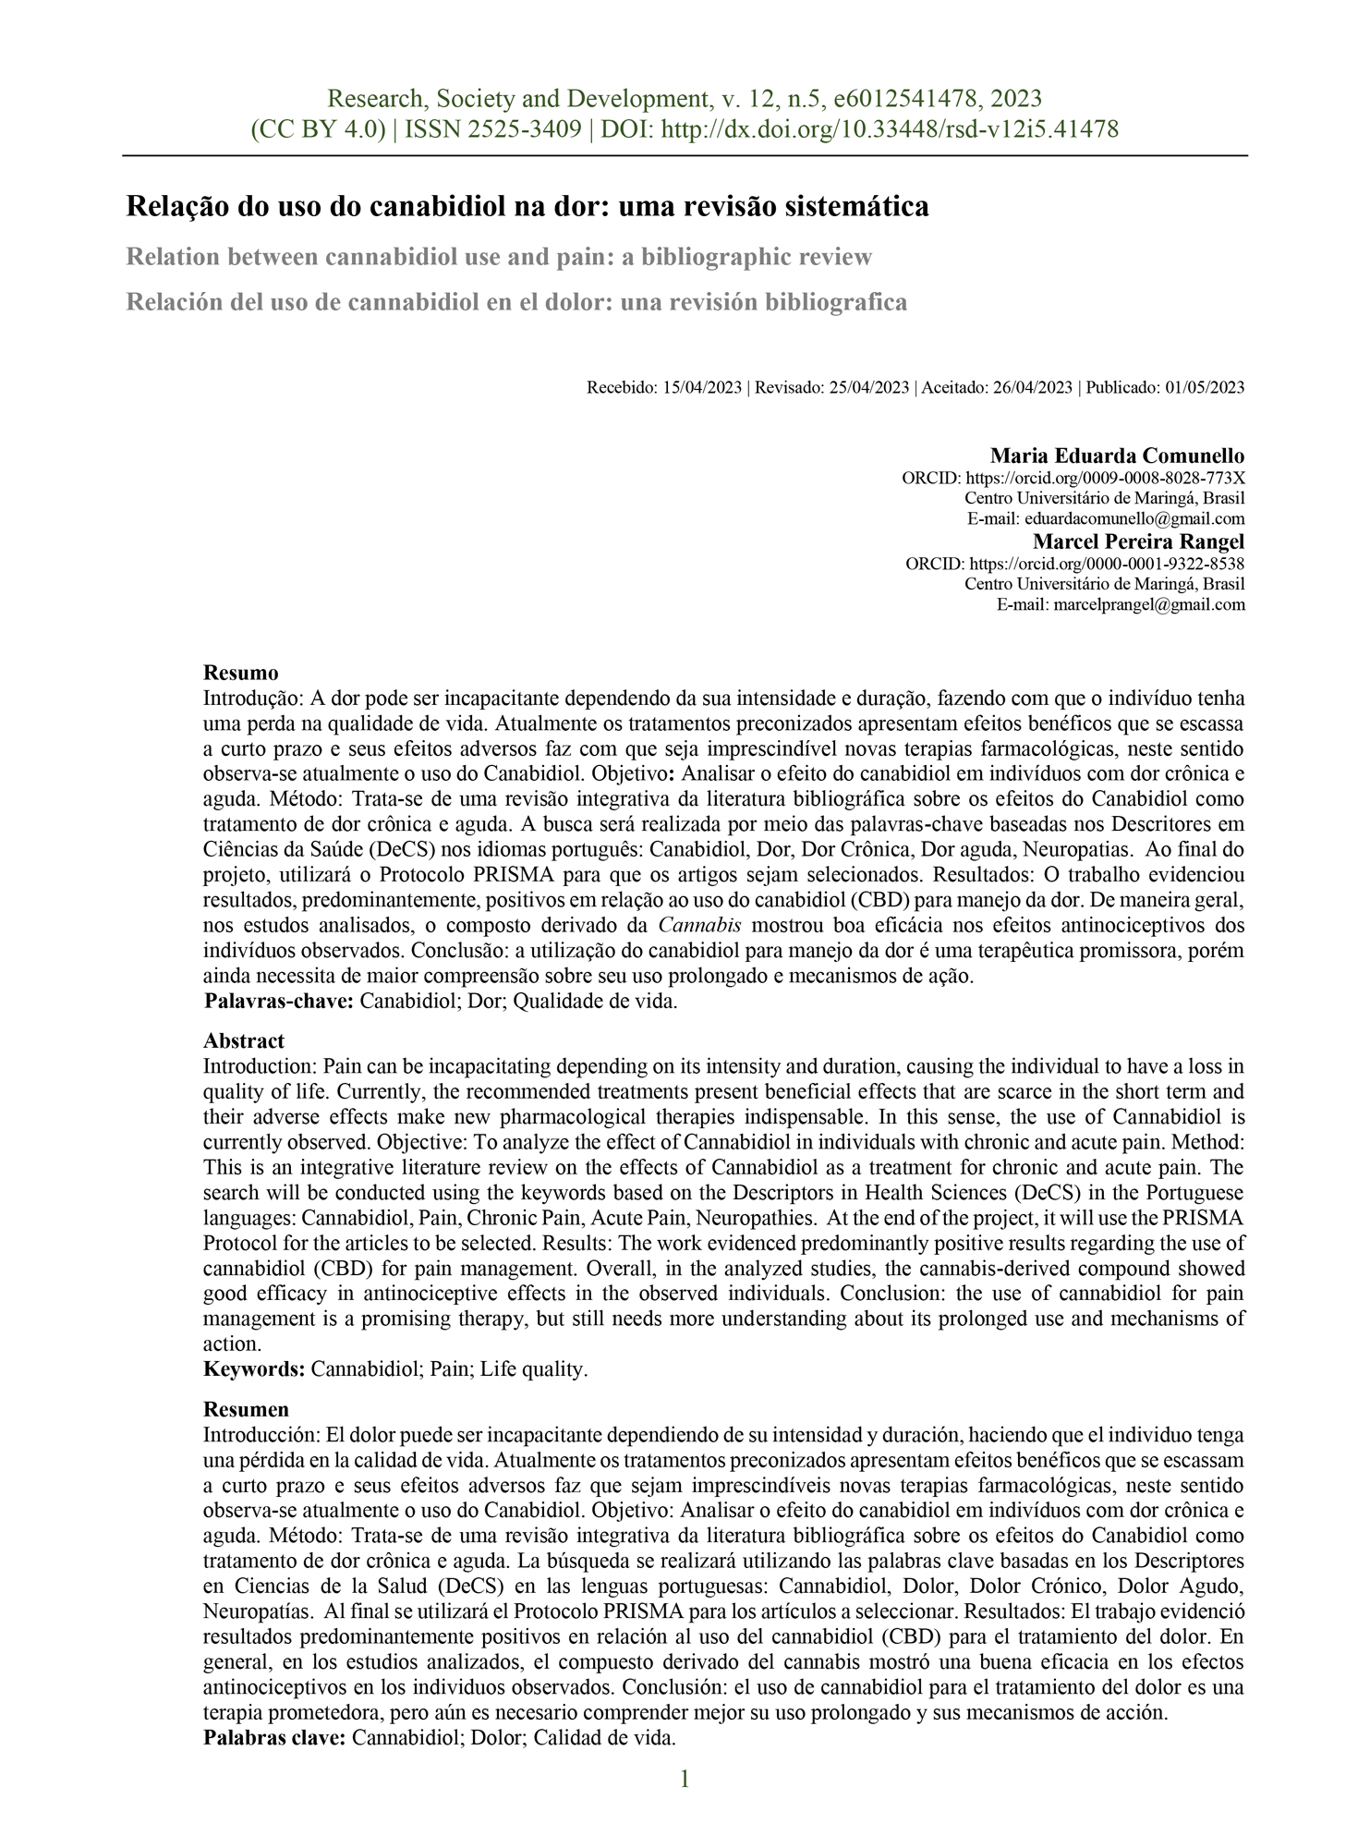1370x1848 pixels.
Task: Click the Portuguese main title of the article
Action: [x=527, y=207]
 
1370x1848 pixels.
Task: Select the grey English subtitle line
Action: [x=499, y=257]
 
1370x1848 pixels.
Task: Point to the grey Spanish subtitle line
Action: [x=516, y=302]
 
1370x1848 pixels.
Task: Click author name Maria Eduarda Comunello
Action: [x=1117, y=456]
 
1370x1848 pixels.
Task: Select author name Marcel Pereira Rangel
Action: [x=1138, y=541]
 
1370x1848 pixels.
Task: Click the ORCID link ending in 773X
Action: [x=1105, y=479]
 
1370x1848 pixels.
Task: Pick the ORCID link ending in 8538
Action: [x=1107, y=564]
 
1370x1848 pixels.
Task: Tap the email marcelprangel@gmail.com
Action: [x=1149, y=605]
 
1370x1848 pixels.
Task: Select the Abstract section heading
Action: [x=244, y=1041]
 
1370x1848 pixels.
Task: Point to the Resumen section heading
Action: [x=246, y=1410]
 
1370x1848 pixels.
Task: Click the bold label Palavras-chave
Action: [x=279, y=1002]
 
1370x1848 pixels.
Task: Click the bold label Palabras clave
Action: [x=274, y=1738]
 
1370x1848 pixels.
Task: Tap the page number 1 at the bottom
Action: [x=685, y=1780]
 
